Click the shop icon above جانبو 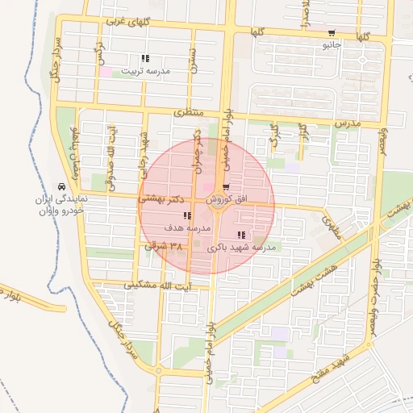point(332,33)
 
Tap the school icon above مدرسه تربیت point(145,58)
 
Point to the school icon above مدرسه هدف point(187,216)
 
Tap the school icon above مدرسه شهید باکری point(242,235)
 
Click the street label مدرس point(345,123)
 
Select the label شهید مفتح point(332,368)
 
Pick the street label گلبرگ point(274,133)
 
